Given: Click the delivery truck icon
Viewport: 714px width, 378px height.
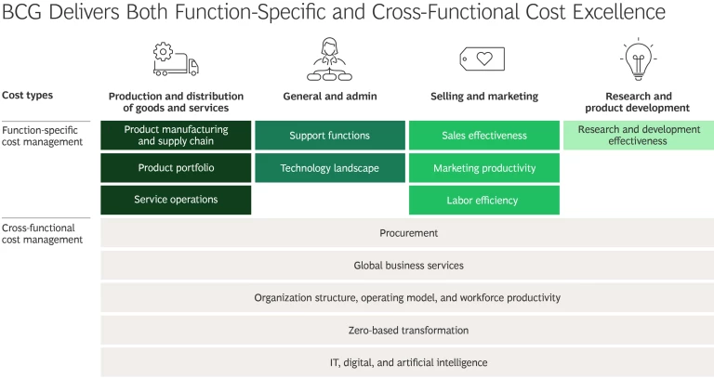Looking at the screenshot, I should click(x=176, y=59).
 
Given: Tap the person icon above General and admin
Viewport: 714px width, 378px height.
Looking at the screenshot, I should click(x=329, y=59).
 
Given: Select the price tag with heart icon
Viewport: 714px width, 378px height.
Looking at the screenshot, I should click(x=483, y=59).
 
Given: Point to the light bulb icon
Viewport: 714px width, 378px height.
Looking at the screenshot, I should click(x=638, y=59).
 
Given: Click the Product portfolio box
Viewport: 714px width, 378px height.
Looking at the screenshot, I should click(x=176, y=168).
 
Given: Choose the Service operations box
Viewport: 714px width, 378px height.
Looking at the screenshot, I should click(x=176, y=200).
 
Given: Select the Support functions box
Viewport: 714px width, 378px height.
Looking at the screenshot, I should click(x=329, y=136).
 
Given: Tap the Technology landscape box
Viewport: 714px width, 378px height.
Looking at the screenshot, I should click(x=329, y=168).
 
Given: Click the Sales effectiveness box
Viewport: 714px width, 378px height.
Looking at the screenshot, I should click(x=484, y=136).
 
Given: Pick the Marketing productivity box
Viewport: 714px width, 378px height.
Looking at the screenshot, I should click(x=484, y=168).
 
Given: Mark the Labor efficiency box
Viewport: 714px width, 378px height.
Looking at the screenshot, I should click(x=484, y=200).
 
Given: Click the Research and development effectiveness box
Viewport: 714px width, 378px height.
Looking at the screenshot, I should click(x=638, y=136).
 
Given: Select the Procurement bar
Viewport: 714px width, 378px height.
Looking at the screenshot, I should click(x=408, y=233).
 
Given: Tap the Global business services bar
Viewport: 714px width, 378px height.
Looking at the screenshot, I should click(x=408, y=266).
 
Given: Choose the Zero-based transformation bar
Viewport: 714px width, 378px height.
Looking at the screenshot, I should click(x=408, y=330).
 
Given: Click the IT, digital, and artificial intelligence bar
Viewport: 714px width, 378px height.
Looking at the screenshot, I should click(x=408, y=362).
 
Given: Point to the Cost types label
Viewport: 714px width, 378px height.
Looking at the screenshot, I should click(x=28, y=96).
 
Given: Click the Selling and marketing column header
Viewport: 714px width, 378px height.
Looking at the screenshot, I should click(x=484, y=97).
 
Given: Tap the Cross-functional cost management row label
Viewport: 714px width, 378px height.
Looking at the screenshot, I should click(x=43, y=233).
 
